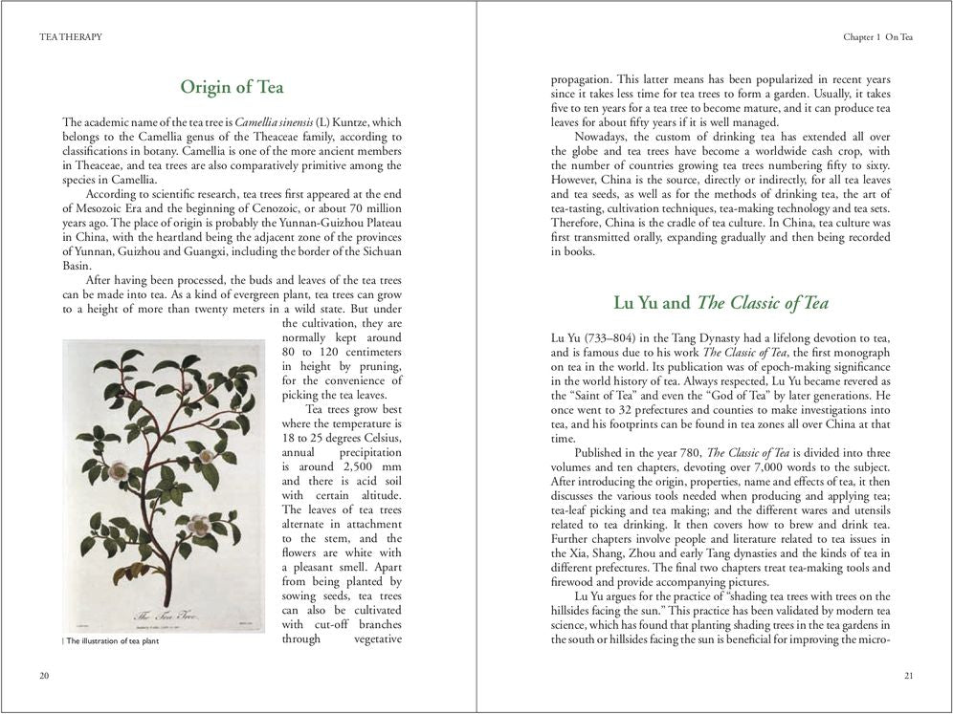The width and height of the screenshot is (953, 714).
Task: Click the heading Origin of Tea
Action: (232, 87)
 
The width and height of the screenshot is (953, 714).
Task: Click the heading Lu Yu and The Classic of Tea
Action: (720, 303)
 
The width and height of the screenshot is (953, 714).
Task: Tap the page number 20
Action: (44, 676)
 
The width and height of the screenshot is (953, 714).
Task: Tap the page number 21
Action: (908, 676)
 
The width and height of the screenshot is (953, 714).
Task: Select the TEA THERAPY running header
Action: (71, 37)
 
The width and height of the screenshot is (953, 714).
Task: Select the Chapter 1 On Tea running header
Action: (877, 37)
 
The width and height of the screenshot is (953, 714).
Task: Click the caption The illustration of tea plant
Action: (112, 641)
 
